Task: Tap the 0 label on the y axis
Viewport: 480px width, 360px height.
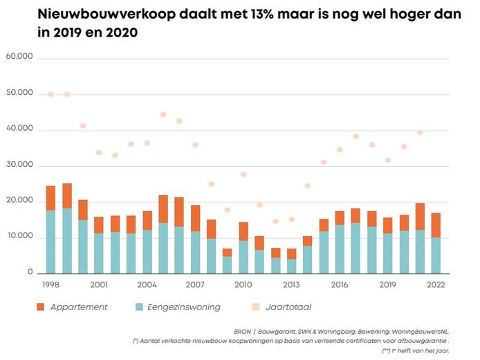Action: point(31,273)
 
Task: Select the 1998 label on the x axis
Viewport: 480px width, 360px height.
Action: point(50,284)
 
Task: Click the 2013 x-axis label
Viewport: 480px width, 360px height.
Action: point(291,284)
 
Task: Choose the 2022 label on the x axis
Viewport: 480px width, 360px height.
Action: point(436,284)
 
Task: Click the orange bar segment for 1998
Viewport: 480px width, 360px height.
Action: point(50,198)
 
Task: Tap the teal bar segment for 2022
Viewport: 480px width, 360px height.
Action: point(436,255)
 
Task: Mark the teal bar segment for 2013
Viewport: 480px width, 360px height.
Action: point(291,266)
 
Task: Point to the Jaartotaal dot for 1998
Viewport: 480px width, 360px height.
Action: point(50,94)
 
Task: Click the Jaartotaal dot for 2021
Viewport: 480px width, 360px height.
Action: point(420,132)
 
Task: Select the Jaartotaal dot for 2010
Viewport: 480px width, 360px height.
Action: point(243,174)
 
